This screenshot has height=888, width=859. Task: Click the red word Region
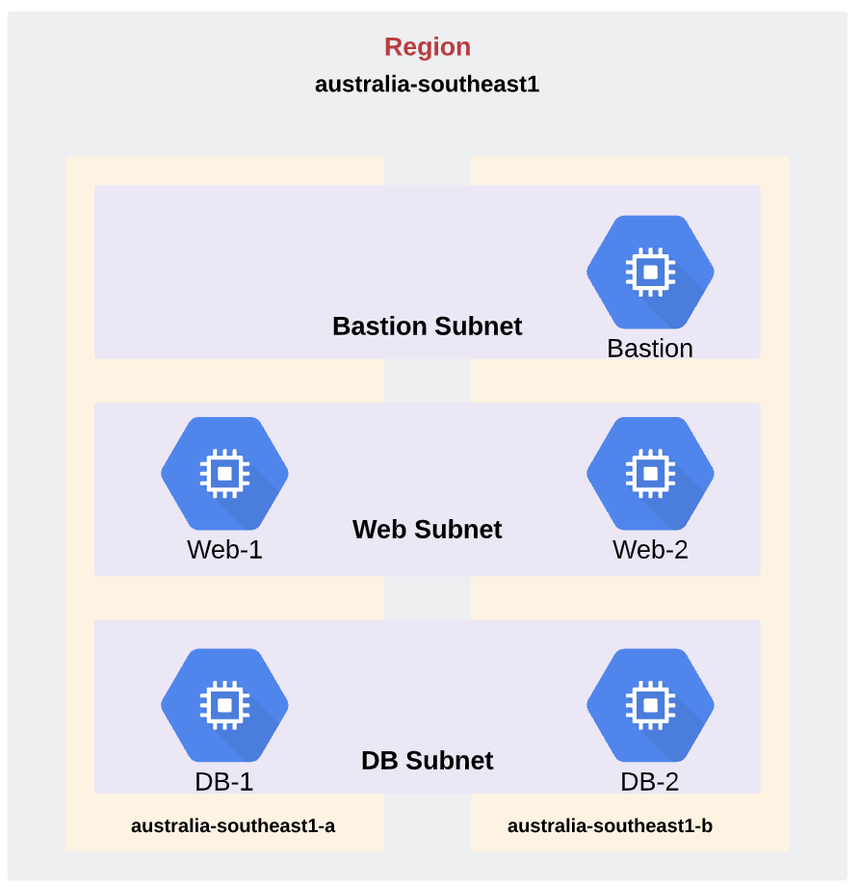428,47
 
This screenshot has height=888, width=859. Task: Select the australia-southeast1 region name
427,85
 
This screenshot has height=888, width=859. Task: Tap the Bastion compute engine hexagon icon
650,272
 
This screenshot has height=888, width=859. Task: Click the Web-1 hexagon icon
224,474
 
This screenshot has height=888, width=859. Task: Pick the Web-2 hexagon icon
650,474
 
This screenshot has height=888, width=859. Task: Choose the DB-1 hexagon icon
224,705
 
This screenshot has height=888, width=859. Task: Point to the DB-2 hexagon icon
650,705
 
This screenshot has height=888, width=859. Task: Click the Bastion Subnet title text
427,326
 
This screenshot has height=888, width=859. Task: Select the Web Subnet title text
427,530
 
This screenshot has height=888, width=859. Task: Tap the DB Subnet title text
427,761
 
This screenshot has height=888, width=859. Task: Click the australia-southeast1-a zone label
233,825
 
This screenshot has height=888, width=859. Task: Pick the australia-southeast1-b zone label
610,825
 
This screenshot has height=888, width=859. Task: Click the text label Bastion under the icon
650,349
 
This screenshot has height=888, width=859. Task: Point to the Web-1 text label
224,550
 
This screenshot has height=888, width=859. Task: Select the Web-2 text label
650,550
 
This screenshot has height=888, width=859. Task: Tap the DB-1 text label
223,781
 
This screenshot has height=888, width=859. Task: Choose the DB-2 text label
649,781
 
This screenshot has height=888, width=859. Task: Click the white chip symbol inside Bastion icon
650,272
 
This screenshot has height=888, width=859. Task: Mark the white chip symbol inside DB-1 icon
224,705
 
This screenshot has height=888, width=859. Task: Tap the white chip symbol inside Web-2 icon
650,474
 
